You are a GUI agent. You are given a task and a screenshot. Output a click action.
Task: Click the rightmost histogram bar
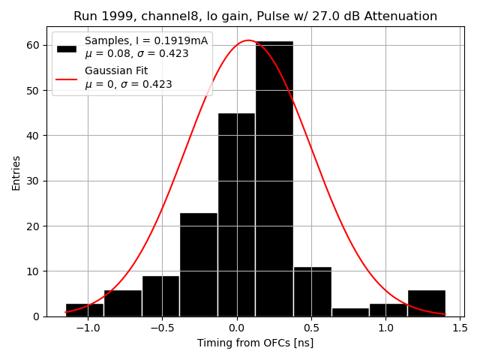[x=426, y=303]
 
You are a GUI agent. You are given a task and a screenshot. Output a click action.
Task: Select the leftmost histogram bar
[x=84, y=310]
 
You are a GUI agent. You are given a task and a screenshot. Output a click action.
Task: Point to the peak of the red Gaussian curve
[x=249, y=40]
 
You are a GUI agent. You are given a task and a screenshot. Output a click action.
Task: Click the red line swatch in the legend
[x=67, y=78]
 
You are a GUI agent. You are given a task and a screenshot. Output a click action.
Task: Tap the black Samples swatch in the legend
[x=67, y=48]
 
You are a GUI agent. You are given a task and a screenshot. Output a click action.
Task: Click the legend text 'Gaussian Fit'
[x=116, y=71]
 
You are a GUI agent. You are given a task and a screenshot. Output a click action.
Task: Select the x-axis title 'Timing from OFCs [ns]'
[x=255, y=343]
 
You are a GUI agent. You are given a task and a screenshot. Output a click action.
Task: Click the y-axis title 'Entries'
[x=16, y=173]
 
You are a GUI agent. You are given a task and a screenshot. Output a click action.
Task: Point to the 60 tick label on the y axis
[x=34, y=45]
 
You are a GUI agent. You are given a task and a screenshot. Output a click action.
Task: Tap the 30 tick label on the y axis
[x=34, y=181]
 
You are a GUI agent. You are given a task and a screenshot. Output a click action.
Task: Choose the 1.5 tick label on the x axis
[x=459, y=328]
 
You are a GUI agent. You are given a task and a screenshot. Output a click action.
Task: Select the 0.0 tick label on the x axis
[x=236, y=328]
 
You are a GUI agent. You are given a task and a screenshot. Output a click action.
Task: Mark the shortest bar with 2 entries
[x=350, y=312]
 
